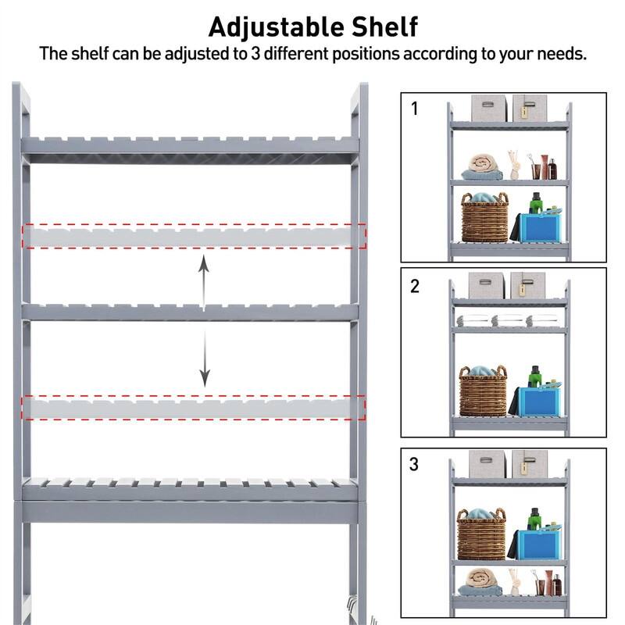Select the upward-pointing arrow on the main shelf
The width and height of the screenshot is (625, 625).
point(204,282)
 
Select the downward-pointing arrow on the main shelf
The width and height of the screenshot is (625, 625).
point(204,359)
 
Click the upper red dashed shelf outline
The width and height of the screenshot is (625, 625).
point(194,236)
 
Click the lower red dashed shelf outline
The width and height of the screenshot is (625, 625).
point(194,408)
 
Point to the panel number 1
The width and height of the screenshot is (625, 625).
point(415,109)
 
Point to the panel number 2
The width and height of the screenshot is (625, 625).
point(415,286)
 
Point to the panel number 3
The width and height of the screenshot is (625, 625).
point(415,464)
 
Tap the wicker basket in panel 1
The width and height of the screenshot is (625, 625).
point(484,220)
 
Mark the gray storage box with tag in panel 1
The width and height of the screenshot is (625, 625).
point(528,109)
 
